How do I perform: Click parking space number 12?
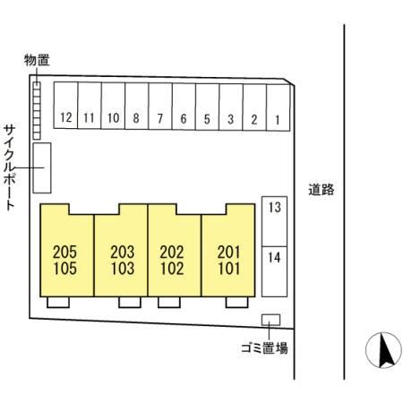point(65,106)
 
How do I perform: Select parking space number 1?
point(278,107)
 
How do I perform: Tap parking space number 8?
point(136,106)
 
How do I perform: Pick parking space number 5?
point(207,107)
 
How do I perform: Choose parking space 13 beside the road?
point(274,221)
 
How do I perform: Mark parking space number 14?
point(274,271)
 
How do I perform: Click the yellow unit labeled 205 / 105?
point(67,250)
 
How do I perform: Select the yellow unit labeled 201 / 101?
point(228,250)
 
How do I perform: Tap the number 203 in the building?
point(123,252)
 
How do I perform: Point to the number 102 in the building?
point(172,268)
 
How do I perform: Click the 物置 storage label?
point(37,60)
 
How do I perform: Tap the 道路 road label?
point(322,190)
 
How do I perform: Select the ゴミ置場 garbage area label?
point(264,348)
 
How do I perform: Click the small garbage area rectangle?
point(270,320)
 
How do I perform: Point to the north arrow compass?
point(383,350)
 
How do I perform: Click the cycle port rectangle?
point(42,167)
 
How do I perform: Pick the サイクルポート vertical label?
point(10,168)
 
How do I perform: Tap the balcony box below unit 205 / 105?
point(58,302)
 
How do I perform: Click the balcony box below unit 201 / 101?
point(236,302)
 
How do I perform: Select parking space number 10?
point(113,106)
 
